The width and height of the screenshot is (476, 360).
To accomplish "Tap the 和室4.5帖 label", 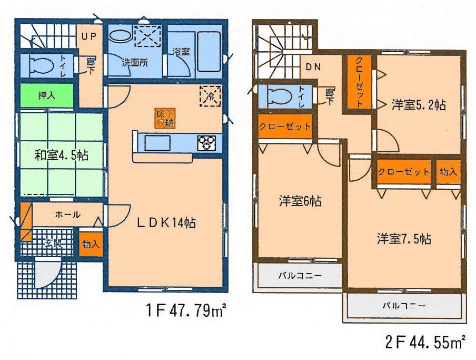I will (x=54, y=155).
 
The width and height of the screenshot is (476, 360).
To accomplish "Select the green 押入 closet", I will (x=47, y=96).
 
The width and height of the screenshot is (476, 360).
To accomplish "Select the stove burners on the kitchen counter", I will (x=205, y=142).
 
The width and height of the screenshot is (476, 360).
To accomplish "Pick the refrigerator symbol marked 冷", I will (x=210, y=96).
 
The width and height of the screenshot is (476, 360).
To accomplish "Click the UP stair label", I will (x=87, y=37).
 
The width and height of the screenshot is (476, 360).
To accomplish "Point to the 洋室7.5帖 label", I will (x=404, y=239).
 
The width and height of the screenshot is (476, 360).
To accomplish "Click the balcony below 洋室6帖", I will (x=299, y=276).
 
